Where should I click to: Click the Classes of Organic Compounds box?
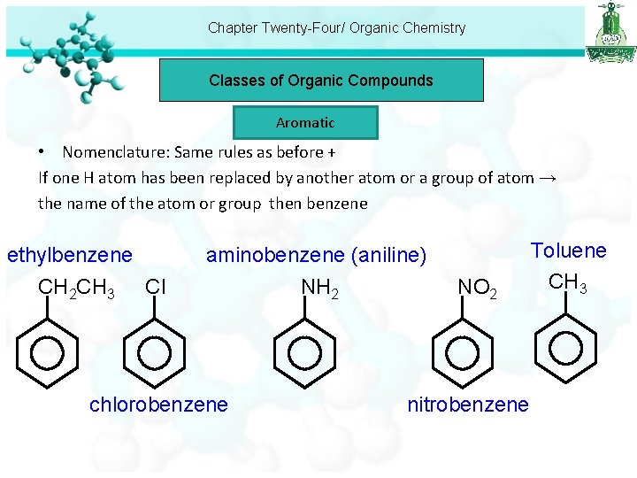(x=321, y=81)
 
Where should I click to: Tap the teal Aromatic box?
(x=305, y=123)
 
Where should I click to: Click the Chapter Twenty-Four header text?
(x=336, y=27)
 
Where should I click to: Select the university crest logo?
(x=610, y=32)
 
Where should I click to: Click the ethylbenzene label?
(x=70, y=256)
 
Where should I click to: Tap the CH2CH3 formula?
(x=76, y=288)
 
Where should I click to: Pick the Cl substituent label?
(x=156, y=287)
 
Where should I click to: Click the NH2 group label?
(x=319, y=288)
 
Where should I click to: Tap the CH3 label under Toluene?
(x=568, y=283)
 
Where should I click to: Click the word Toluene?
(x=568, y=251)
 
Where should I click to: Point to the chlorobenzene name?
(x=158, y=405)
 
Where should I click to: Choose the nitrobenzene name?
(x=468, y=405)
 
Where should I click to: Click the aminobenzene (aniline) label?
(x=316, y=256)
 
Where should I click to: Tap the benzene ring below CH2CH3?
(x=47, y=352)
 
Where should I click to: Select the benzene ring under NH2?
(x=305, y=352)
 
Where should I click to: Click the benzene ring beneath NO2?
(x=463, y=352)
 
